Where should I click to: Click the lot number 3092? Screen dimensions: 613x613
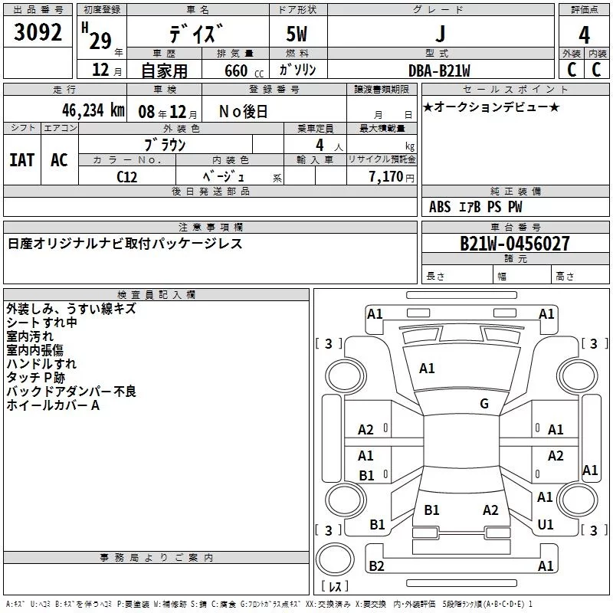tap(38, 34)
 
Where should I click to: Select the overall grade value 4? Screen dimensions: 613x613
tap(584, 35)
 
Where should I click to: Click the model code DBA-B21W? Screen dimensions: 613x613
tap(439, 70)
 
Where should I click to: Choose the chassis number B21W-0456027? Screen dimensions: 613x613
tap(514, 244)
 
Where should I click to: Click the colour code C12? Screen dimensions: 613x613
tap(127, 175)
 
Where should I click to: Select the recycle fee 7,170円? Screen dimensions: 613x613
tap(390, 176)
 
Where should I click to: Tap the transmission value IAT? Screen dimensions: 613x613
tap(21, 159)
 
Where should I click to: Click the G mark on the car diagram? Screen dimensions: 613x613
tap(484, 404)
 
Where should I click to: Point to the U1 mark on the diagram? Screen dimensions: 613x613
tap(546, 525)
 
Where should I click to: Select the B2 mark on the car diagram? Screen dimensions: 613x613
tap(376, 566)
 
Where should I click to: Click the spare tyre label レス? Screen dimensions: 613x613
tap(334, 586)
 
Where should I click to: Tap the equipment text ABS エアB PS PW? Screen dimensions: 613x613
tap(476, 207)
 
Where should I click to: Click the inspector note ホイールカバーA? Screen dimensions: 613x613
tap(53, 405)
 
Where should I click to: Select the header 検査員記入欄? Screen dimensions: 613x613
tap(156, 295)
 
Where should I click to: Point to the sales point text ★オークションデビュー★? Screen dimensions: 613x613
tap(491, 107)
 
